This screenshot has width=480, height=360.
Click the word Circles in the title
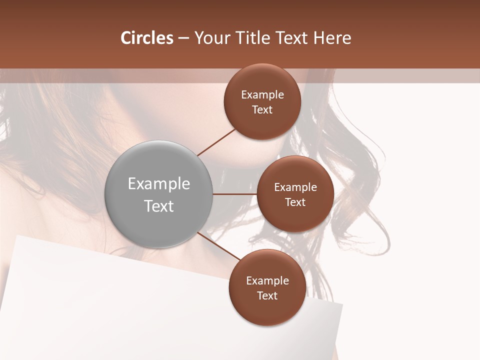(146, 38)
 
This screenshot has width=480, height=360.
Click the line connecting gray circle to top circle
(216, 141)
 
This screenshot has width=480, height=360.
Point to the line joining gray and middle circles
(234, 194)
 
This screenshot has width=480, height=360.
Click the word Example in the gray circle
(159, 184)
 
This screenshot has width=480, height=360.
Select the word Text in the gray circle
(159, 206)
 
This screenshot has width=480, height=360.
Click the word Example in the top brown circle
(262, 95)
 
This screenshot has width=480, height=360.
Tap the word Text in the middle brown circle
(295, 202)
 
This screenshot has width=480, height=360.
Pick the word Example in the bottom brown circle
(267, 281)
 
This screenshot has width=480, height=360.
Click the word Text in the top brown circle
(262, 110)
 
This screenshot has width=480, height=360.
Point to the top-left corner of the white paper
(17, 235)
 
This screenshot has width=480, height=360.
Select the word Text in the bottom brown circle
(267, 296)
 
